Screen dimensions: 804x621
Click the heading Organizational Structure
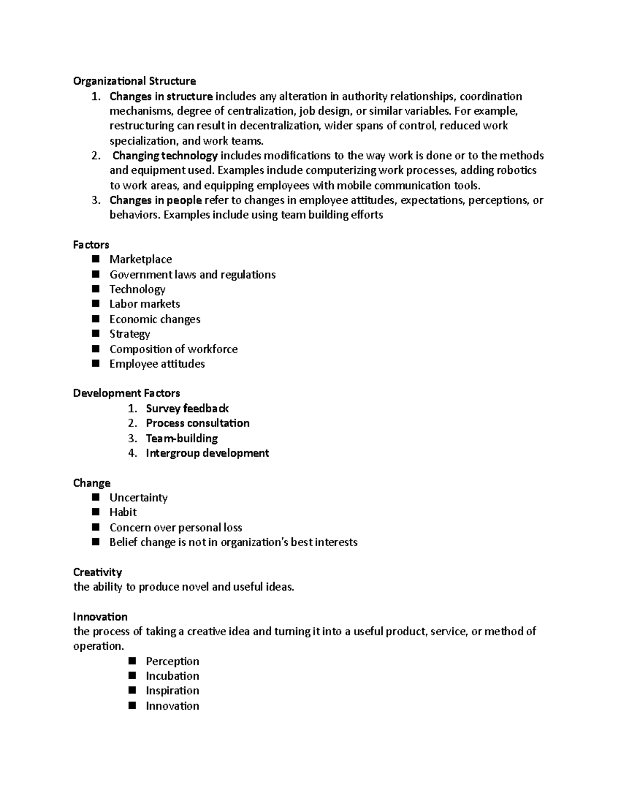click(134, 81)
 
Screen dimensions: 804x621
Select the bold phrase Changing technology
click(165, 156)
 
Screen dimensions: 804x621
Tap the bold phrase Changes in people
click(155, 200)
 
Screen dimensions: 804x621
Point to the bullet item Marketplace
click(140, 259)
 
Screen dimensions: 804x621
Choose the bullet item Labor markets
click(144, 304)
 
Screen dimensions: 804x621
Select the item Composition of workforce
click(173, 349)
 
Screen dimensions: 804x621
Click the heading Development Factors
click(126, 393)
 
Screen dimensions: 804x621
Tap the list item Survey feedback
click(187, 408)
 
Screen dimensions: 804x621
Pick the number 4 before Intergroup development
click(132, 453)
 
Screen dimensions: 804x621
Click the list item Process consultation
click(197, 423)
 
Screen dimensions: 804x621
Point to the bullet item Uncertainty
click(138, 498)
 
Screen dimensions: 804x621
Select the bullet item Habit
click(123, 512)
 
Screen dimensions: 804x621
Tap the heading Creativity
click(97, 572)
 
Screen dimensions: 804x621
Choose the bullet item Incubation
click(172, 676)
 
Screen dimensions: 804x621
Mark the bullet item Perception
click(172, 661)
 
